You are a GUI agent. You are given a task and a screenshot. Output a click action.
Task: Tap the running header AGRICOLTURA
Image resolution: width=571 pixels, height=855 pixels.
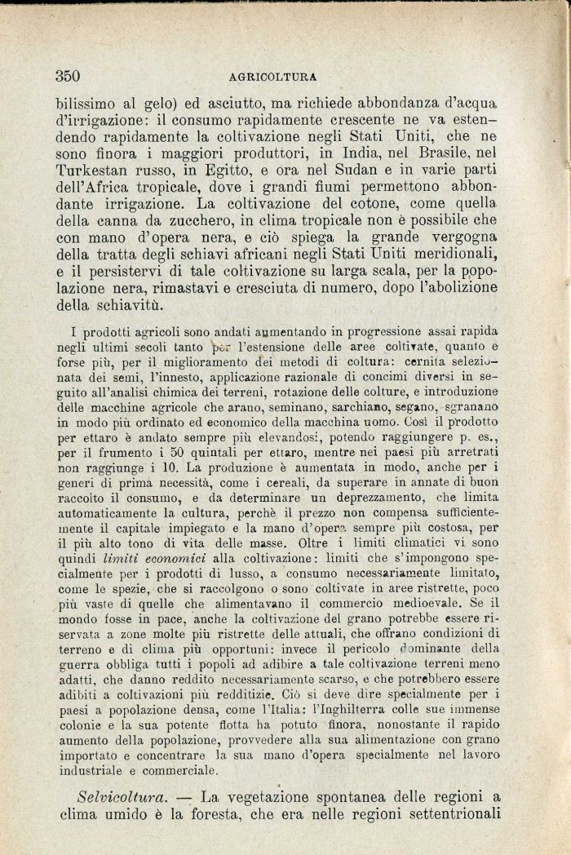point(273,78)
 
